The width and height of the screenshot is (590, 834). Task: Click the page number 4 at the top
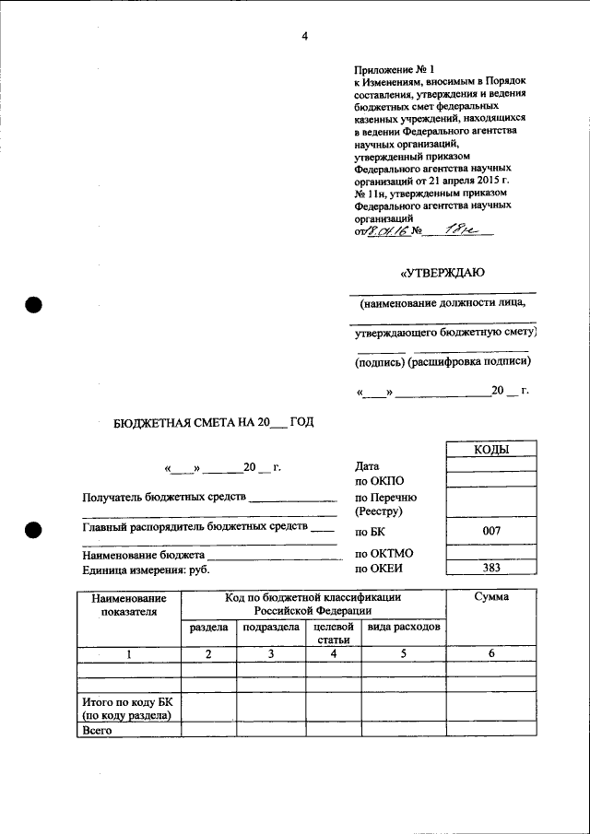point(303,36)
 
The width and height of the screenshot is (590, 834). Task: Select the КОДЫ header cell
point(491,450)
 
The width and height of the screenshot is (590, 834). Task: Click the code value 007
point(491,532)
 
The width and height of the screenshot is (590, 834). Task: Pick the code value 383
point(491,569)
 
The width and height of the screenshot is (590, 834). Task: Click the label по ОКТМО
point(384,554)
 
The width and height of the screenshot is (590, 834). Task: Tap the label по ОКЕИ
point(380,569)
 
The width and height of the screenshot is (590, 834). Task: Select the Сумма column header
point(491,597)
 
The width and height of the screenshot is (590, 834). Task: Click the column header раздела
point(209,628)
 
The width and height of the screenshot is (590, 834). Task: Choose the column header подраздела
point(270,628)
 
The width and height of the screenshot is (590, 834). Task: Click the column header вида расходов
point(403,628)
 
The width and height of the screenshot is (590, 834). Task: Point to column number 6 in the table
point(491,653)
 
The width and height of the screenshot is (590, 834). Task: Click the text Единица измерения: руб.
point(146,570)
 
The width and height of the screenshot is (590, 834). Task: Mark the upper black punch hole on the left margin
point(34,306)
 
